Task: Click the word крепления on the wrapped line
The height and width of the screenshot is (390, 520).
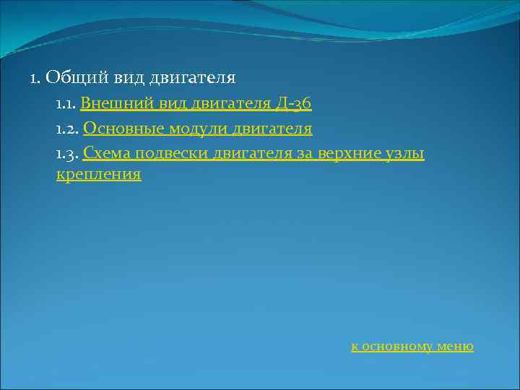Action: [98, 174]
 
